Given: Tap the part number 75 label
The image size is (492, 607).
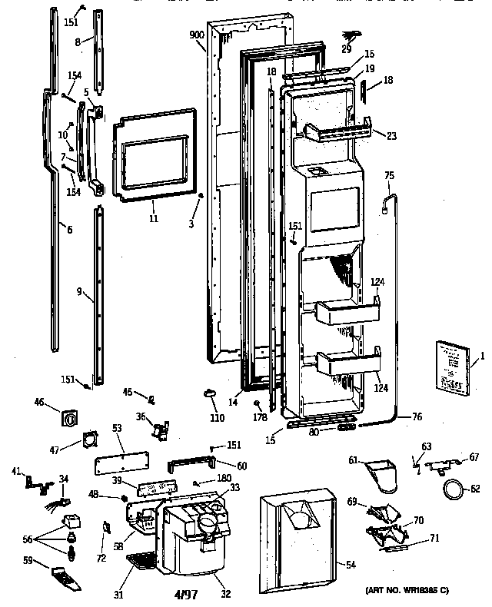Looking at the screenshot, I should pos(389,176).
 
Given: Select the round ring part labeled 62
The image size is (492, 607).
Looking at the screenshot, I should pos(454,487).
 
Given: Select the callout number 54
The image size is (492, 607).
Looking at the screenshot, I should pos(351,565).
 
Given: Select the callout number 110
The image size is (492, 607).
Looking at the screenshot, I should pos(218,419).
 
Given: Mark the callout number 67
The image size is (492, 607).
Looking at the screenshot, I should pos(474,456).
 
